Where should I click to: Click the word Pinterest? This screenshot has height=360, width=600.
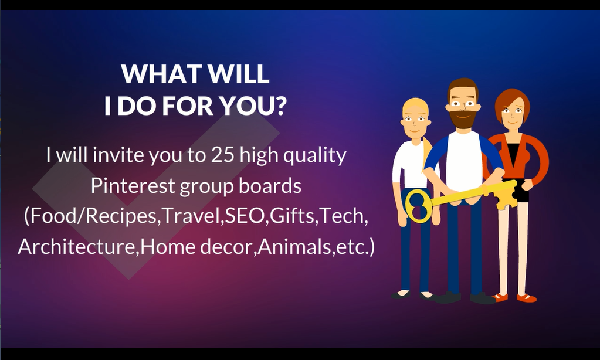pos(133,185)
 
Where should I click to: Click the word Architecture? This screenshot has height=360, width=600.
pos(76,246)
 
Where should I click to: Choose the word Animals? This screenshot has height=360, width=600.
pos(294,246)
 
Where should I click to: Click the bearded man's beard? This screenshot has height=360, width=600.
pos(463,118)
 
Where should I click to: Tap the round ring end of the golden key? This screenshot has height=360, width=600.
pos(417,206)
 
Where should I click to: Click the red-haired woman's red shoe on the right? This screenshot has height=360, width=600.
pos(527,297)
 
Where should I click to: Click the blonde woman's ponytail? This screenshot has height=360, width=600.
pos(427,153)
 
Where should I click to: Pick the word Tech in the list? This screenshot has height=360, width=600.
pos(343,216)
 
